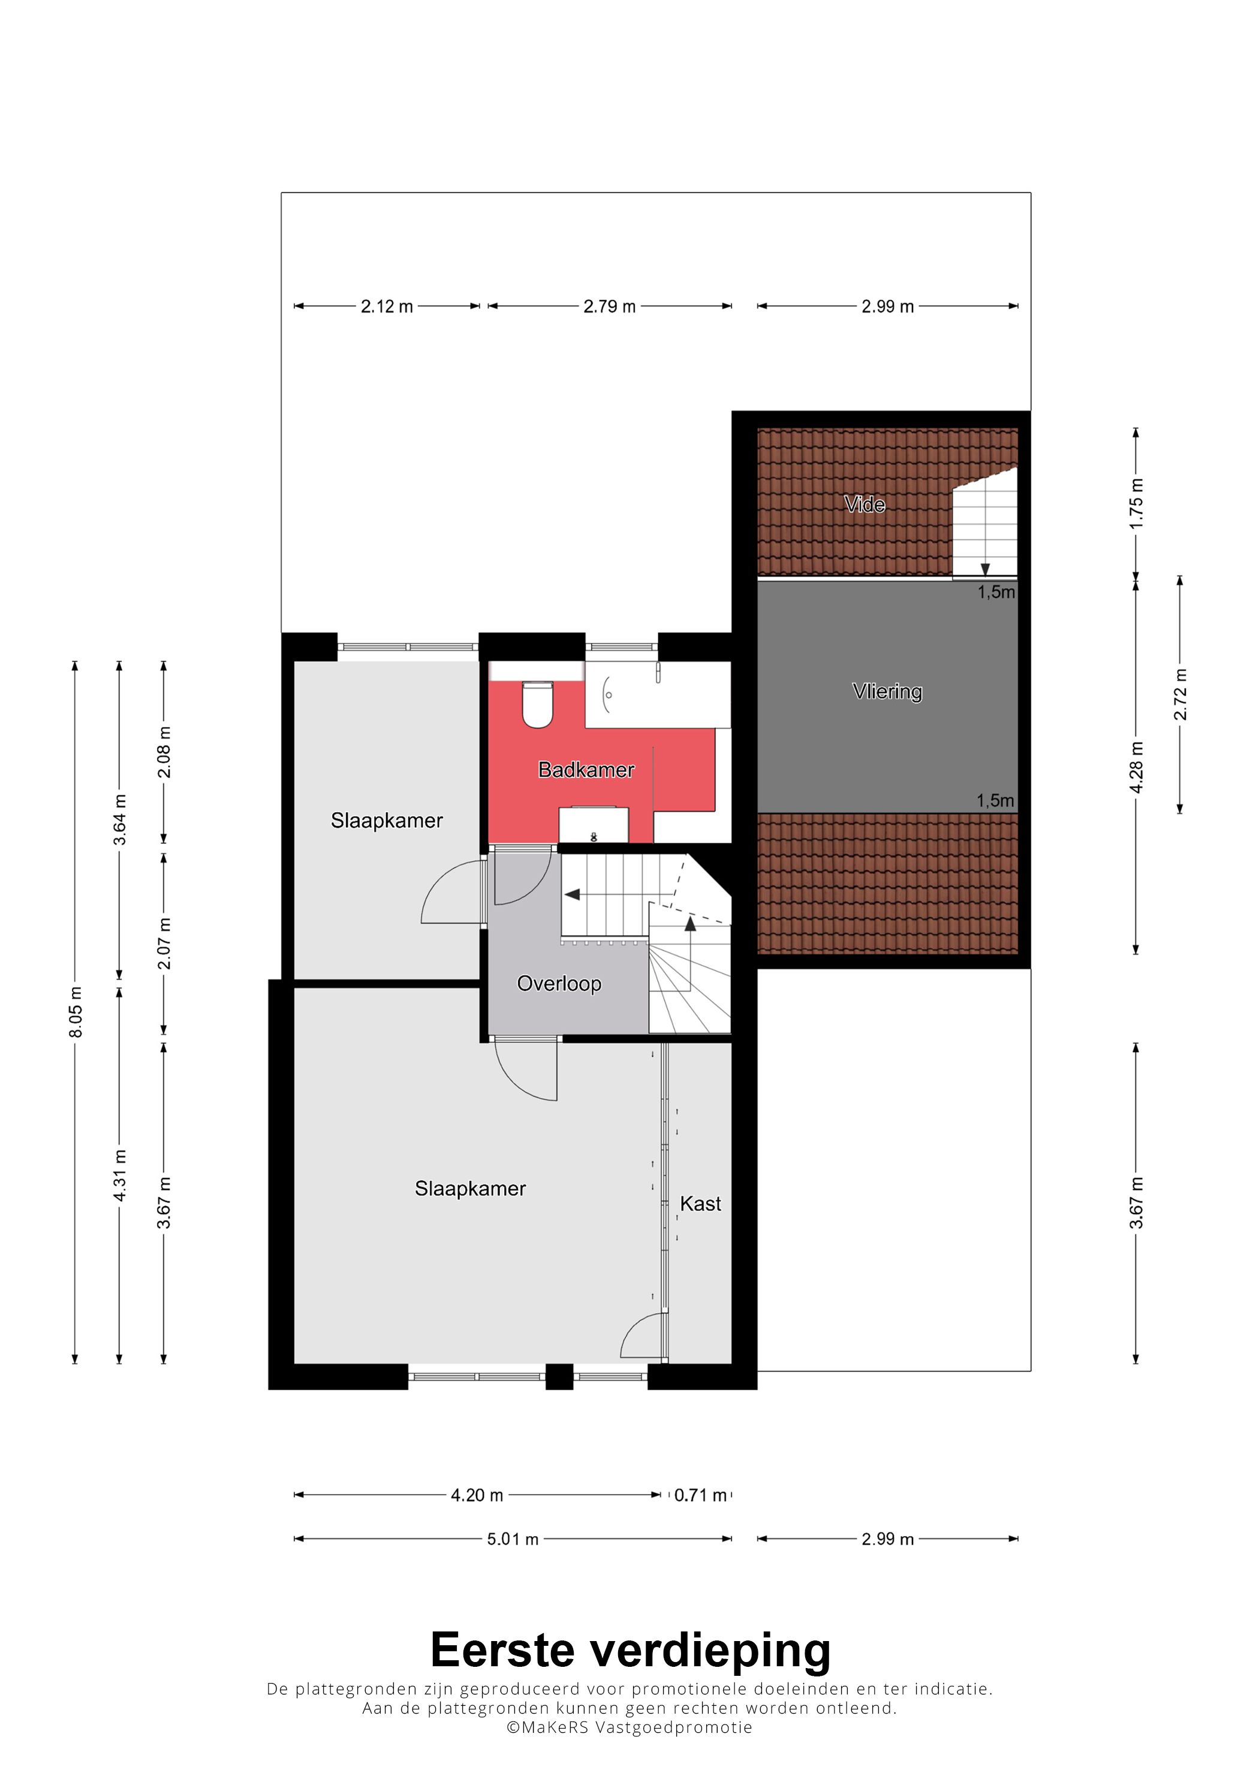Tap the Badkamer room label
coord(586,770)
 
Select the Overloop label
coord(559,984)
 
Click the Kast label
coord(700,1204)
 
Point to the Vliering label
coord(887,692)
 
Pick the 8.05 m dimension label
coord(76,1012)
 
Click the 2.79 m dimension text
coord(610,306)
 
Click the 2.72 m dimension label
coord(1180,695)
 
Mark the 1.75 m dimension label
coord(1137,503)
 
